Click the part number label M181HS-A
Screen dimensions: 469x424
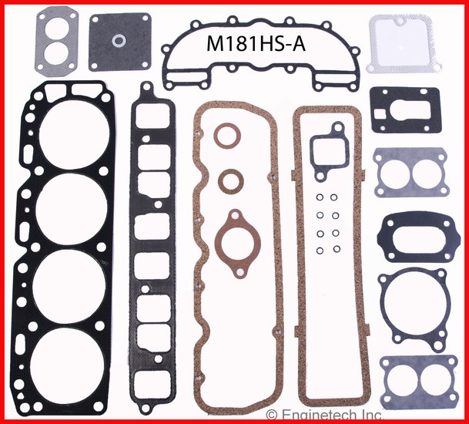click(256, 44)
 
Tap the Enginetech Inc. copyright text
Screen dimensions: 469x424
click(324, 415)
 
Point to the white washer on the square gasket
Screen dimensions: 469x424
click(119, 41)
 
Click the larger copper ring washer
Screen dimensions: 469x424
click(227, 136)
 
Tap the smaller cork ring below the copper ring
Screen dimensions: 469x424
click(230, 181)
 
